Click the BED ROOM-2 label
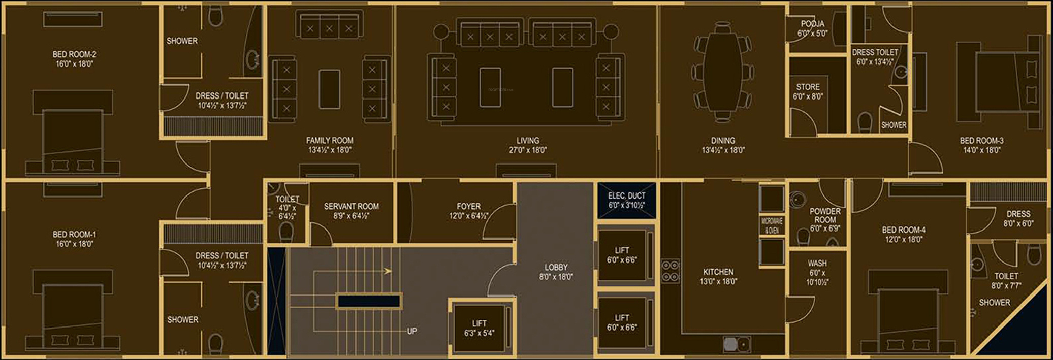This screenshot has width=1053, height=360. tap(74, 54)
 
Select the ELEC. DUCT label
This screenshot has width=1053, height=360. tap(626, 195)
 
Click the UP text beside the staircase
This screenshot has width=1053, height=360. tap(412, 331)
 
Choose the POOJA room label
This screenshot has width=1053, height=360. tap(812, 24)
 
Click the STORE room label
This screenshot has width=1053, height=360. tap(808, 87)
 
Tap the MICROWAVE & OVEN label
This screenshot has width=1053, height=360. tap(772, 226)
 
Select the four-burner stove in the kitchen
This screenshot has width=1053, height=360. tap(671, 271)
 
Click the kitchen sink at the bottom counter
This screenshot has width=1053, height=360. tap(737, 344)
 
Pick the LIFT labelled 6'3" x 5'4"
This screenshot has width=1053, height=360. tap(479, 328)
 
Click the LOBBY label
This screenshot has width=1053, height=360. tap(556, 267)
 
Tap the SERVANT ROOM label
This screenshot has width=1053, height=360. tap(351, 206)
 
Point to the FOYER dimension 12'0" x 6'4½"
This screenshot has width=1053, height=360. tap(468, 216)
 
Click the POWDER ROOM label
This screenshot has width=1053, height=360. tap(825, 215)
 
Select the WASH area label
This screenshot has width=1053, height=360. tap(817, 263)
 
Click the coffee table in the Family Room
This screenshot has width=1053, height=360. tap(329, 89)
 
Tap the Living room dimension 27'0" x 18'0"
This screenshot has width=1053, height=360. tap(528, 150)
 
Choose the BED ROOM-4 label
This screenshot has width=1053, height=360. tap(904, 230)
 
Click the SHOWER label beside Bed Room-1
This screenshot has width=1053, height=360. tap(182, 319)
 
